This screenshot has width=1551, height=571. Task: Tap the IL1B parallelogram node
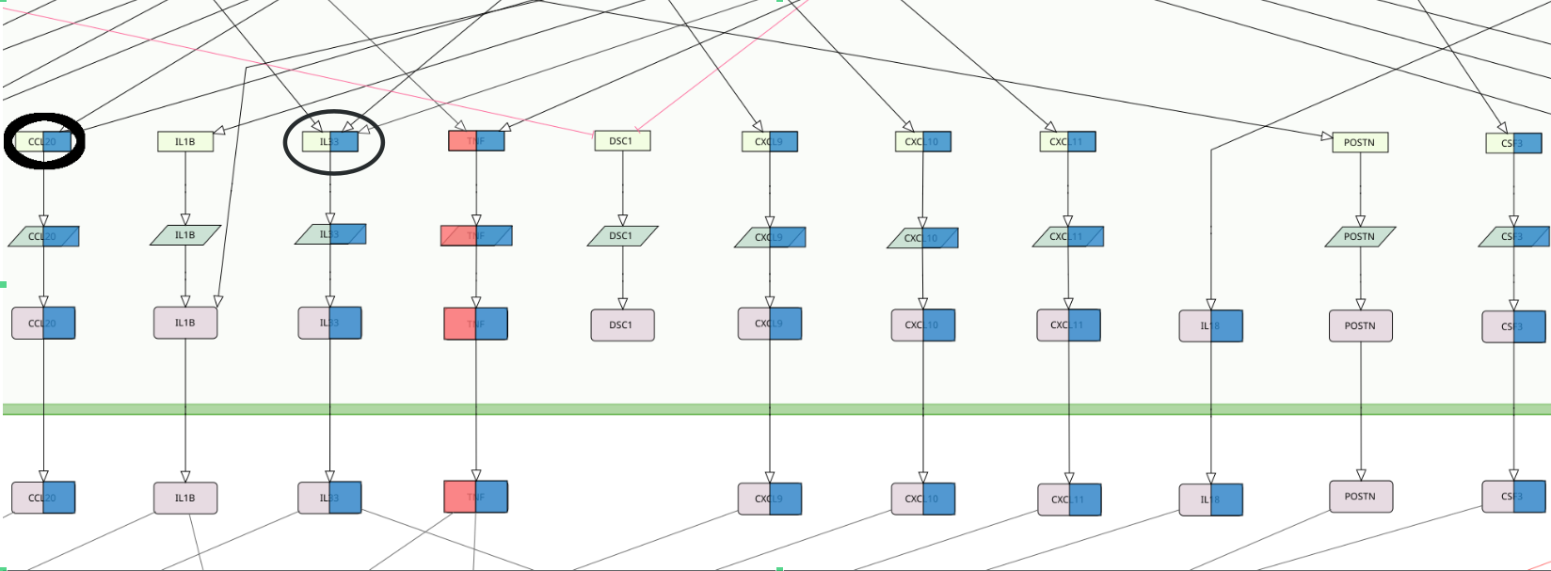pyautogui.click(x=185, y=235)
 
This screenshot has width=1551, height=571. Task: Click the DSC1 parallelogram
pyautogui.click(x=621, y=235)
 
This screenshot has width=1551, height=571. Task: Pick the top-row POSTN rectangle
pyautogui.click(x=1359, y=142)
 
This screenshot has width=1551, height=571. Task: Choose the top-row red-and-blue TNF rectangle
pyautogui.click(x=476, y=141)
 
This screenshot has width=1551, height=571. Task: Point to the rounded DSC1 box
pyautogui.click(x=621, y=325)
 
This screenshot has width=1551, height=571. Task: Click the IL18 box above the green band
pyautogui.click(x=1210, y=325)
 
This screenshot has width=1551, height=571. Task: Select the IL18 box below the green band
pyautogui.click(x=1210, y=500)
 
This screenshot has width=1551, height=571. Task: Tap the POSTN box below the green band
pyautogui.click(x=1360, y=497)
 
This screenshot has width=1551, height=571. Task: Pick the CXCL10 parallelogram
pyautogui.click(x=921, y=238)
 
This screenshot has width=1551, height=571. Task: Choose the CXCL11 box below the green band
pyautogui.click(x=1068, y=500)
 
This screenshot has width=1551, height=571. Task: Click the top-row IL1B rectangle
pyautogui.click(x=184, y=141)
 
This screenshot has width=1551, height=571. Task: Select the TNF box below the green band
pyautogui.click(x=475, y=497)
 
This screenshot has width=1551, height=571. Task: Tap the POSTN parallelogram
pyautogui.click(x=1359, y=236)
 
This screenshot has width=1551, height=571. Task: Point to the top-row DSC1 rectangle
pyautogui.click(x=621, y=141)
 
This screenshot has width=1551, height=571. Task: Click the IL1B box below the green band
pyautogui.click(x=184, y=498)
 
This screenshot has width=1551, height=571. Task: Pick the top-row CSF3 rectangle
pyautogui.click(x=1513, y=143)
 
